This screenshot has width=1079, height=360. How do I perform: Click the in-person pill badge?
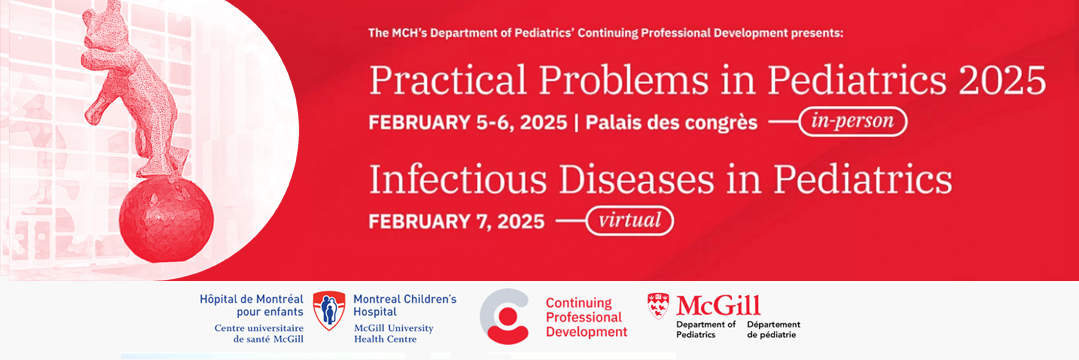click(853, 123)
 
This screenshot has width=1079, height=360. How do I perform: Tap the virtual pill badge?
click(629, 221)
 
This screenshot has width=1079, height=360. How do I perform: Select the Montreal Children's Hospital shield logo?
click(329, 310)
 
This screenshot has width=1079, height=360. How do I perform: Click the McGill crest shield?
click(658, 306)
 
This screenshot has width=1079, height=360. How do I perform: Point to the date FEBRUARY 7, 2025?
click(457, 222)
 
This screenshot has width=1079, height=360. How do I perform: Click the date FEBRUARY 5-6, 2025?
click(468, 123)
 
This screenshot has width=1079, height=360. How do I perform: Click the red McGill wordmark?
click(718, 305)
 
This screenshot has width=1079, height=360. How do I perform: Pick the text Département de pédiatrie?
click(773, 329)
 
